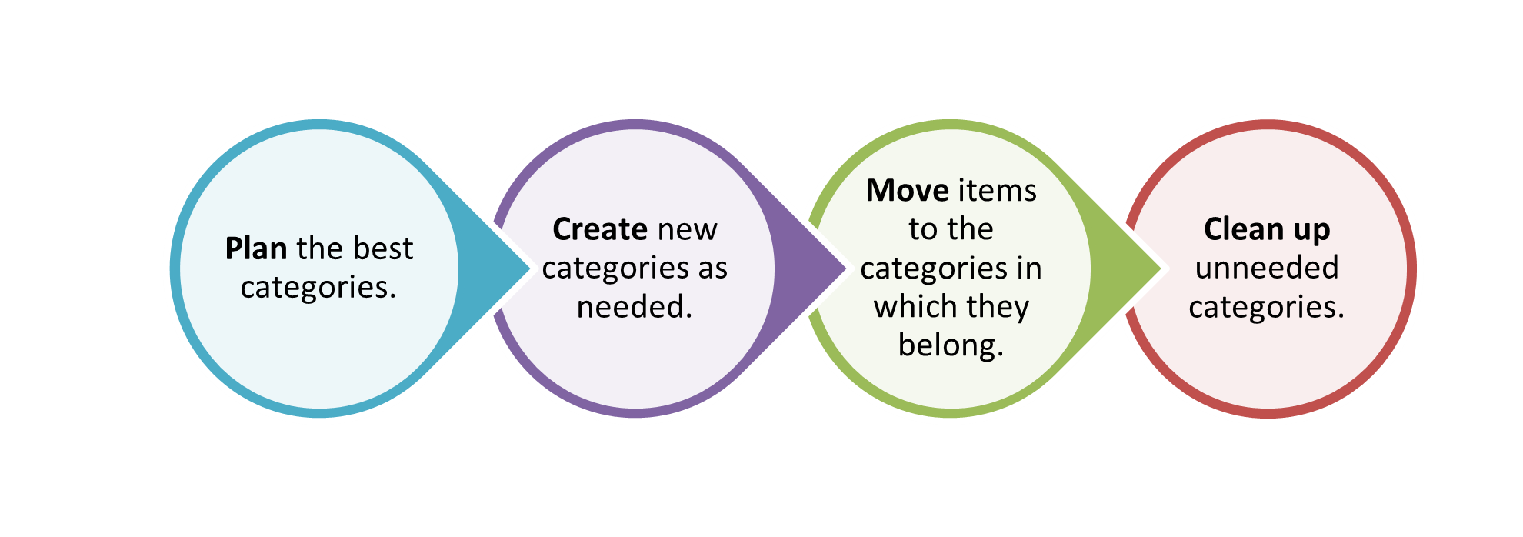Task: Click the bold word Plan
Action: [255, 248]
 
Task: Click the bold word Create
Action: [600, 229]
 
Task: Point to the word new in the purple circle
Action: [687, 229]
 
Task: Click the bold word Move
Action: [907, 191]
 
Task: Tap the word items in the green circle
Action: [996, 191]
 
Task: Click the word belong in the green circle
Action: [947, 345]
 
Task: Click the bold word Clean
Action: [1239, 229]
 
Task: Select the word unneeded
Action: [1267, 268]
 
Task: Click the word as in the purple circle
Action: [712, 268]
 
